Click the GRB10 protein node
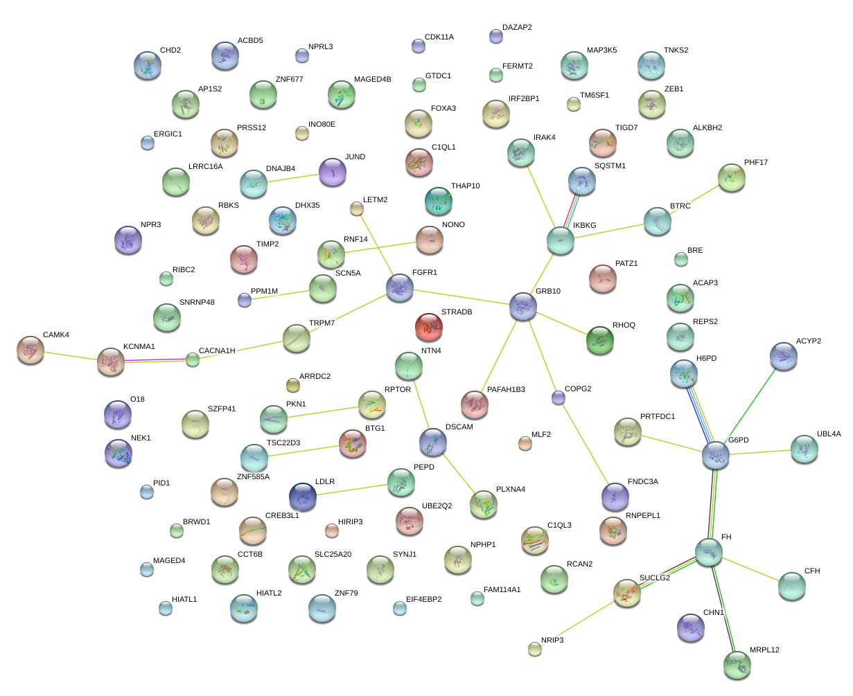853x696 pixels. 523,305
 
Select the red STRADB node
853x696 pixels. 429,326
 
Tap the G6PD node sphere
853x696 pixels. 715,454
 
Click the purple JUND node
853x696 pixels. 333,172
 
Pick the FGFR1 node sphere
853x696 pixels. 399,287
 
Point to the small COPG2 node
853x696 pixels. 559,397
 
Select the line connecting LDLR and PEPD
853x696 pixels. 352,488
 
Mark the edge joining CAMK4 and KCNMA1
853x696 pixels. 70,355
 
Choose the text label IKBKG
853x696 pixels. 584,225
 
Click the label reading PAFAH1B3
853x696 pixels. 506,390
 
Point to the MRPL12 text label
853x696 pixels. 764,650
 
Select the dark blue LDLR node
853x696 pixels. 303,495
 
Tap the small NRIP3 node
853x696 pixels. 534,648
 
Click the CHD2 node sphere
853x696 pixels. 147,64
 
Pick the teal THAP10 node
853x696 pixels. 438,200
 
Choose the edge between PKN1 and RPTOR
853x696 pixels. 322,411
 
